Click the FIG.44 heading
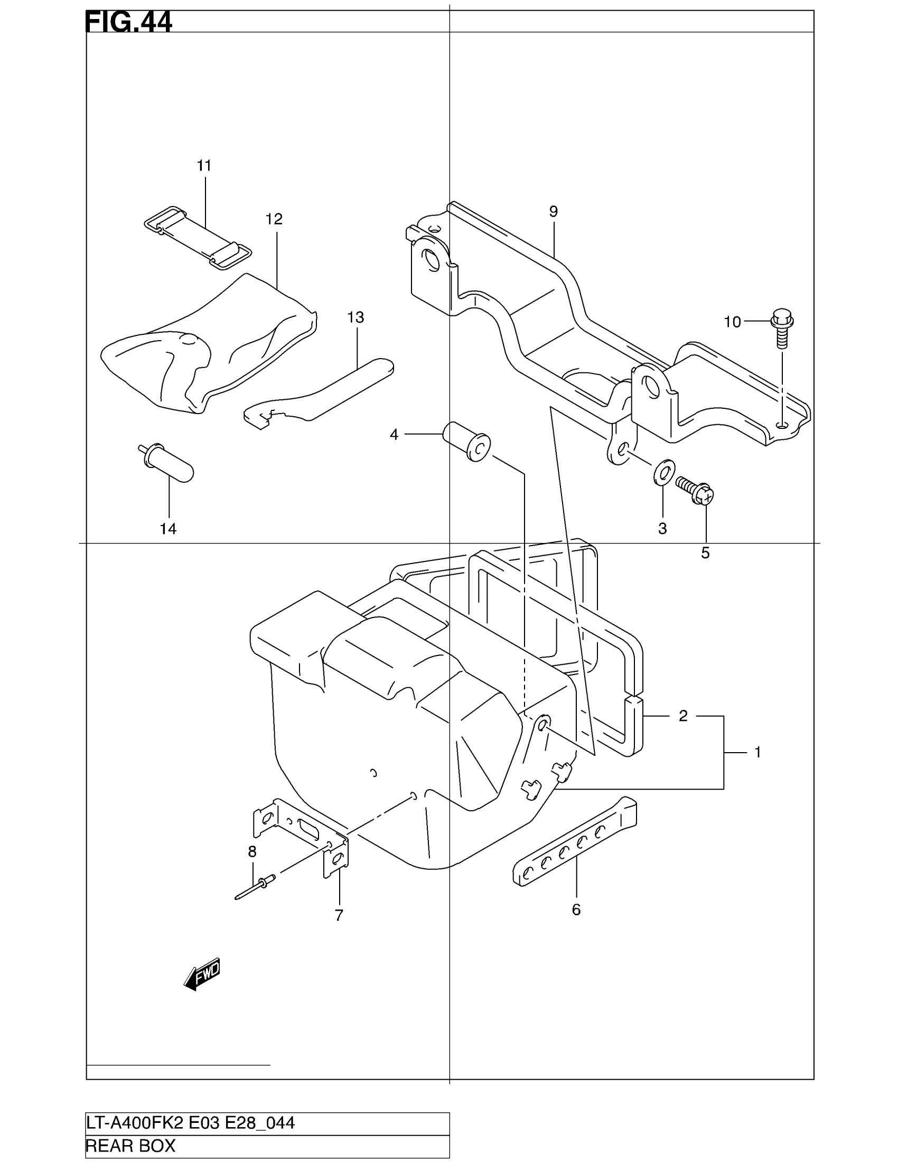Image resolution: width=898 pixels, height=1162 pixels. point(129,22)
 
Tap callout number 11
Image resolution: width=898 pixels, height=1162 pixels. point(204,166)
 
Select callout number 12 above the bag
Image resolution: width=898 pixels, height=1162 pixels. point(274,219)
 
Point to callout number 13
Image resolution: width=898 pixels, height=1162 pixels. point(356,317)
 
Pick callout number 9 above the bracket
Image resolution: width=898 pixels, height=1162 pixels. point(553,212)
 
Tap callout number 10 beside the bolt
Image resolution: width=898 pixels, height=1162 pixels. point(733,322)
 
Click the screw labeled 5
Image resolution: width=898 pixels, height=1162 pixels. point(694,490)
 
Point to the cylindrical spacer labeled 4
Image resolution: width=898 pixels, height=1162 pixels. point(466,441)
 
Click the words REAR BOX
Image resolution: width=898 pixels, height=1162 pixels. point(131,1146)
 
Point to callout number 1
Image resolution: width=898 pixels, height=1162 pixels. point(758,752)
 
